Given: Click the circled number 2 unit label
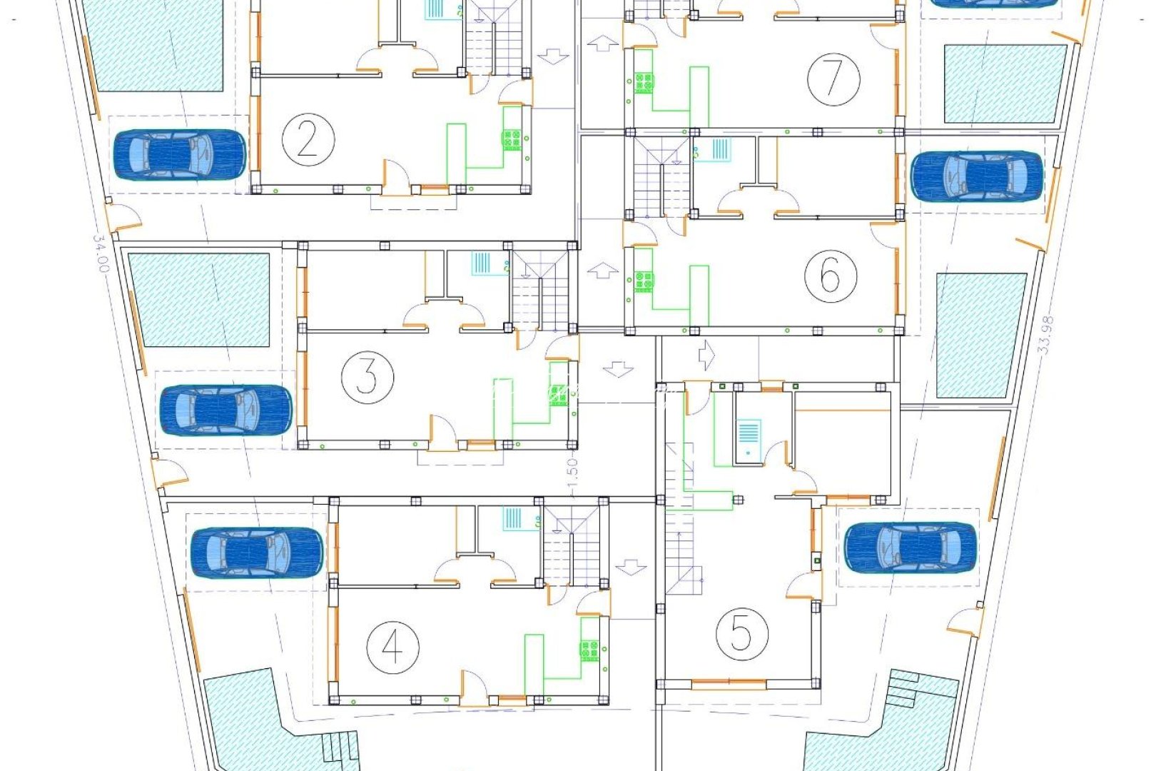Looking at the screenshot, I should (308, 140).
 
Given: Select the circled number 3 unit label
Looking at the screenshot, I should (367, 376).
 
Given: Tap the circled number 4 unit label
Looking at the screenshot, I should (392, 647).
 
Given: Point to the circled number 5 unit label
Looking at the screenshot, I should (741, 633).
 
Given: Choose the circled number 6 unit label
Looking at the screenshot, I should (831, 274).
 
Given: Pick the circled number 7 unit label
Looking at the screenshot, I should (833, 78).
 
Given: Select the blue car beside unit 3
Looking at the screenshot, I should (225, 410).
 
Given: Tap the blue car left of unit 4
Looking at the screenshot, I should (257, 553).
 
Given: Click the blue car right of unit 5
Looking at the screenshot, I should (910, 548).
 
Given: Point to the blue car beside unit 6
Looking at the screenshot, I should (977, 176).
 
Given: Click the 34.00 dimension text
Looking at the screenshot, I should (101, 254).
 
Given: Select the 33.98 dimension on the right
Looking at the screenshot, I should (1045, 336).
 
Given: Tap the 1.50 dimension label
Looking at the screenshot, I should (572, 473).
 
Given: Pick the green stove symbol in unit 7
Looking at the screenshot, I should (644, 83).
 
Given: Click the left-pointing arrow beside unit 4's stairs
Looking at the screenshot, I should (630, 568).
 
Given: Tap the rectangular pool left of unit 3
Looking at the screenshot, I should (199, 300).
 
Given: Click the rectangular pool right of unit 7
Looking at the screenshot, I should (1005, 84).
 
